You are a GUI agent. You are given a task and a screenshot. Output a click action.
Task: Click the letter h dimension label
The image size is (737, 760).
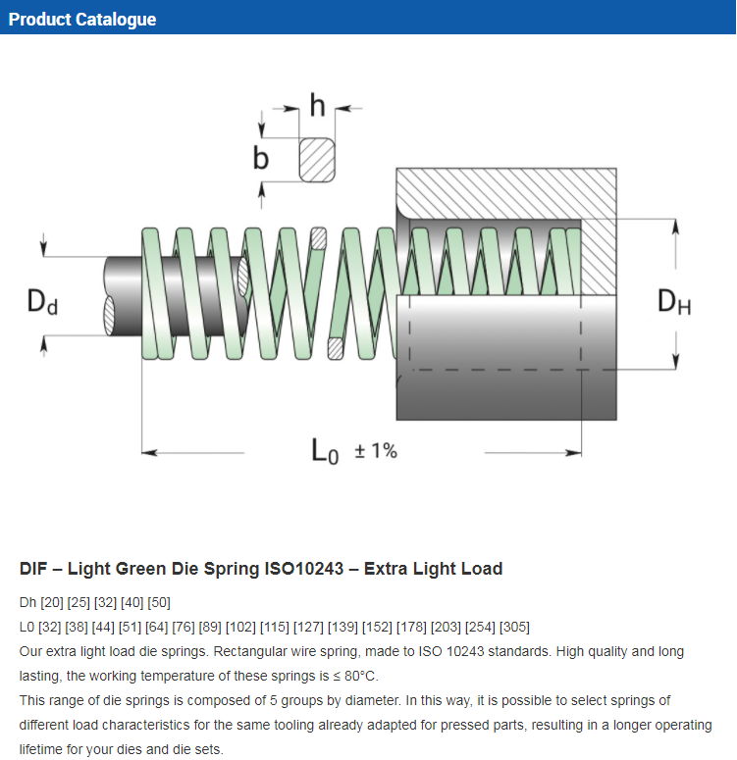(317, 105)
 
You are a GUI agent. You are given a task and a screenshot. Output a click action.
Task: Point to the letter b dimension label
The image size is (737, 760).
(261, 158)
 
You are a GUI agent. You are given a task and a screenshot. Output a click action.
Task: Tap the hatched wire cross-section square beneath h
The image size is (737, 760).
(317, 158)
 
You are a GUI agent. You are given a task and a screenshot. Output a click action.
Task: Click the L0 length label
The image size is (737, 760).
(325, 451)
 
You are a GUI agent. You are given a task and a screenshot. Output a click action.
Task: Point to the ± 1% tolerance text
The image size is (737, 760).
(375, 451)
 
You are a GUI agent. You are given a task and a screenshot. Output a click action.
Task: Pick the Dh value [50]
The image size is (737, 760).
(157, 602)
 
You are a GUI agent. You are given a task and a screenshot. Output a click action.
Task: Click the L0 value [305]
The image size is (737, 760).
(514, 627)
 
